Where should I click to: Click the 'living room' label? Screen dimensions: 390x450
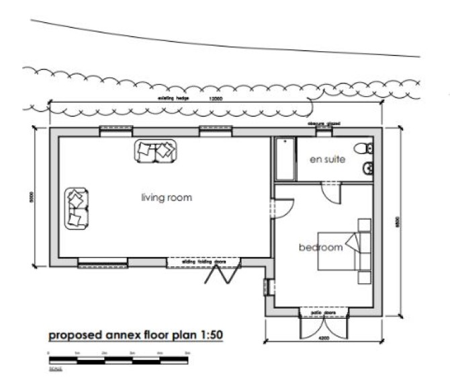pyautogui.click(x=167, y=198)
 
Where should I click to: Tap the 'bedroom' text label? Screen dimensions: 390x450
pyautogui.click(x=320, y=247)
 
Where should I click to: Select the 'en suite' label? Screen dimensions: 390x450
pyautogui.click(x=327, y=160)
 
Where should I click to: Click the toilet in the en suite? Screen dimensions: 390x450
pyautogui.click(x=365, y=148)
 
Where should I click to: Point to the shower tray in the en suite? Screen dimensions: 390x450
pyautogui.click(x=285, y=159)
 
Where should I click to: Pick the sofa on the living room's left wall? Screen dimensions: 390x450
pyautogui.click(x=77, y=207)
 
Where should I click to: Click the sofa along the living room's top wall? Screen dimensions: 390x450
pyautogui.click(x=154, y=151)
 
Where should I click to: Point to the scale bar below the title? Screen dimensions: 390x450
pyautogui.click(x=118, y=360)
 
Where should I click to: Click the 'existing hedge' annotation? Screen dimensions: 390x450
pyautogui.click(x=173, y=99)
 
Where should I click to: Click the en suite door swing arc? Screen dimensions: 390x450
pyautogui.click(x=331, y=193)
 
